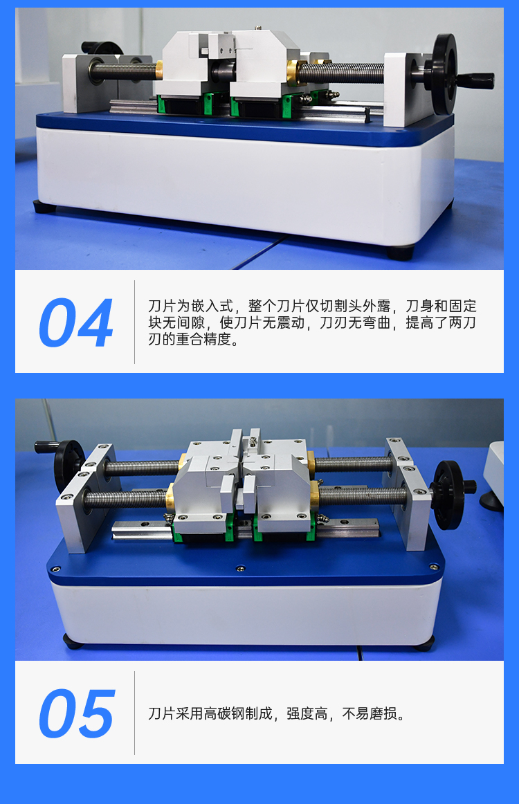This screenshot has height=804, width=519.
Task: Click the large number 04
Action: (76, 322)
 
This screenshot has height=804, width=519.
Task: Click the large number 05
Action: (76, 713)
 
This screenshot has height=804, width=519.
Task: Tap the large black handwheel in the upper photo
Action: (444, 74)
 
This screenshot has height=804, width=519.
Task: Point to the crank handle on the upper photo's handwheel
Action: (476, 80)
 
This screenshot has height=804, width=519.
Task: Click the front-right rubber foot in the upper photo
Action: (400, 252)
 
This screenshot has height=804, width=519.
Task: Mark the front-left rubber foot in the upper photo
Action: (42, 207)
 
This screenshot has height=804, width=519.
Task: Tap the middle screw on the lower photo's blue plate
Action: (239, 568)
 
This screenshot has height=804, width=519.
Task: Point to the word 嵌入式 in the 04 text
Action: (212, 306)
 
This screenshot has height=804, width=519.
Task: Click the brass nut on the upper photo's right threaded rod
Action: (296, 72)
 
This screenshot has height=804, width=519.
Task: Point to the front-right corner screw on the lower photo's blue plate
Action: (433, 567)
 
